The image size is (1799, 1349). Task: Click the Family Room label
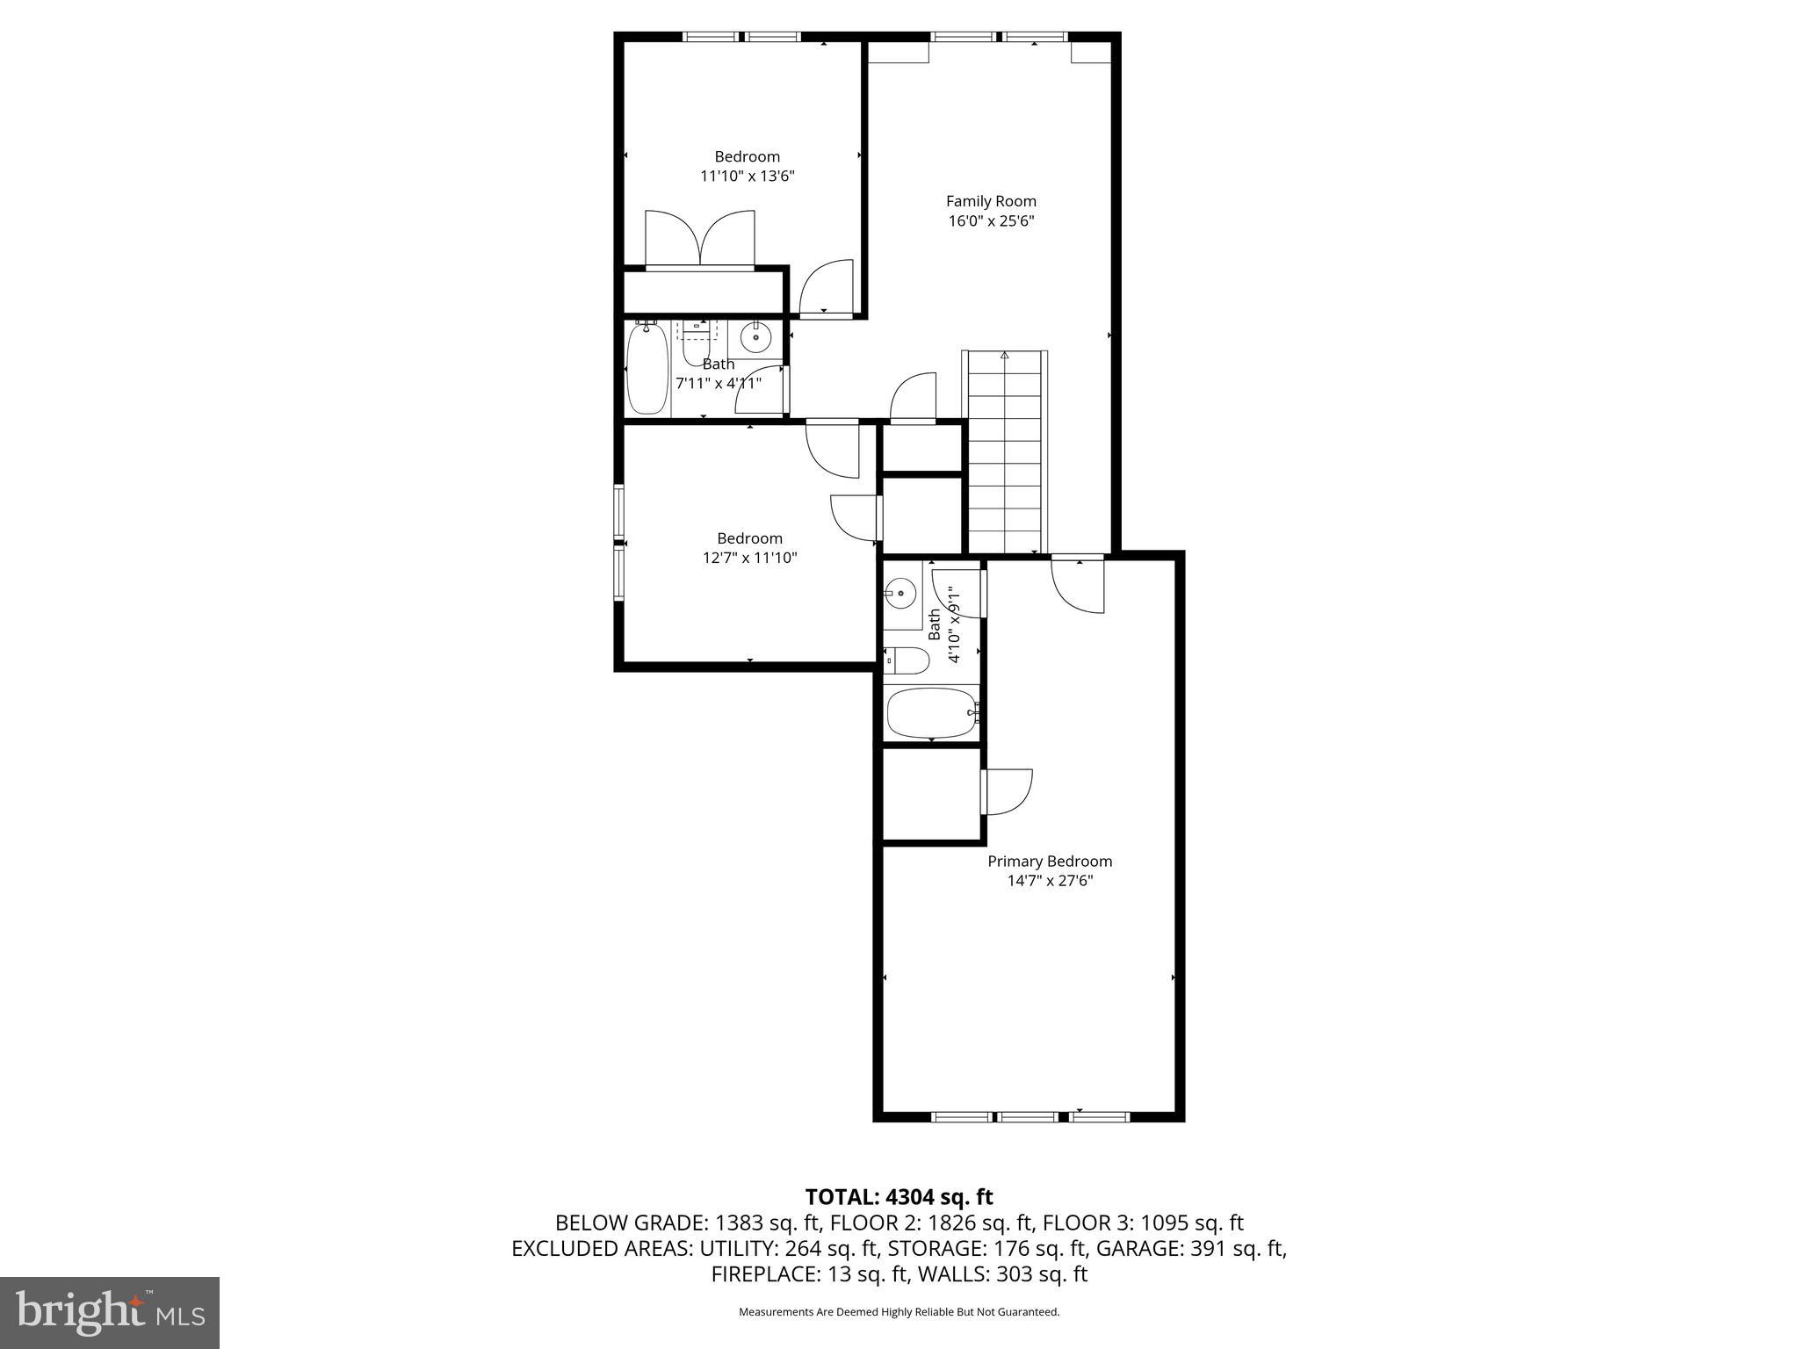(991, 201)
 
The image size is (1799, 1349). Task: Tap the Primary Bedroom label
(1050, 862)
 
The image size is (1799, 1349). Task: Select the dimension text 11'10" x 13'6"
(747, 176)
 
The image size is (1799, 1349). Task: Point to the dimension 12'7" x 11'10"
(749, 558)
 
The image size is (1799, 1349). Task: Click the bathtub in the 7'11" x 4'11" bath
(647, 369)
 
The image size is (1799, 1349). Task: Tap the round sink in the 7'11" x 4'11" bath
(755, 336)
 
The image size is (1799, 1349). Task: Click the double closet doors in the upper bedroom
(699, 238)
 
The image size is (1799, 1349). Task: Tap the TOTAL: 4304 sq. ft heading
(899, 1197)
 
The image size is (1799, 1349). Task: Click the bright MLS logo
(110, 1312)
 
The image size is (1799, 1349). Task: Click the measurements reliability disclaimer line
(899, 1312)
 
